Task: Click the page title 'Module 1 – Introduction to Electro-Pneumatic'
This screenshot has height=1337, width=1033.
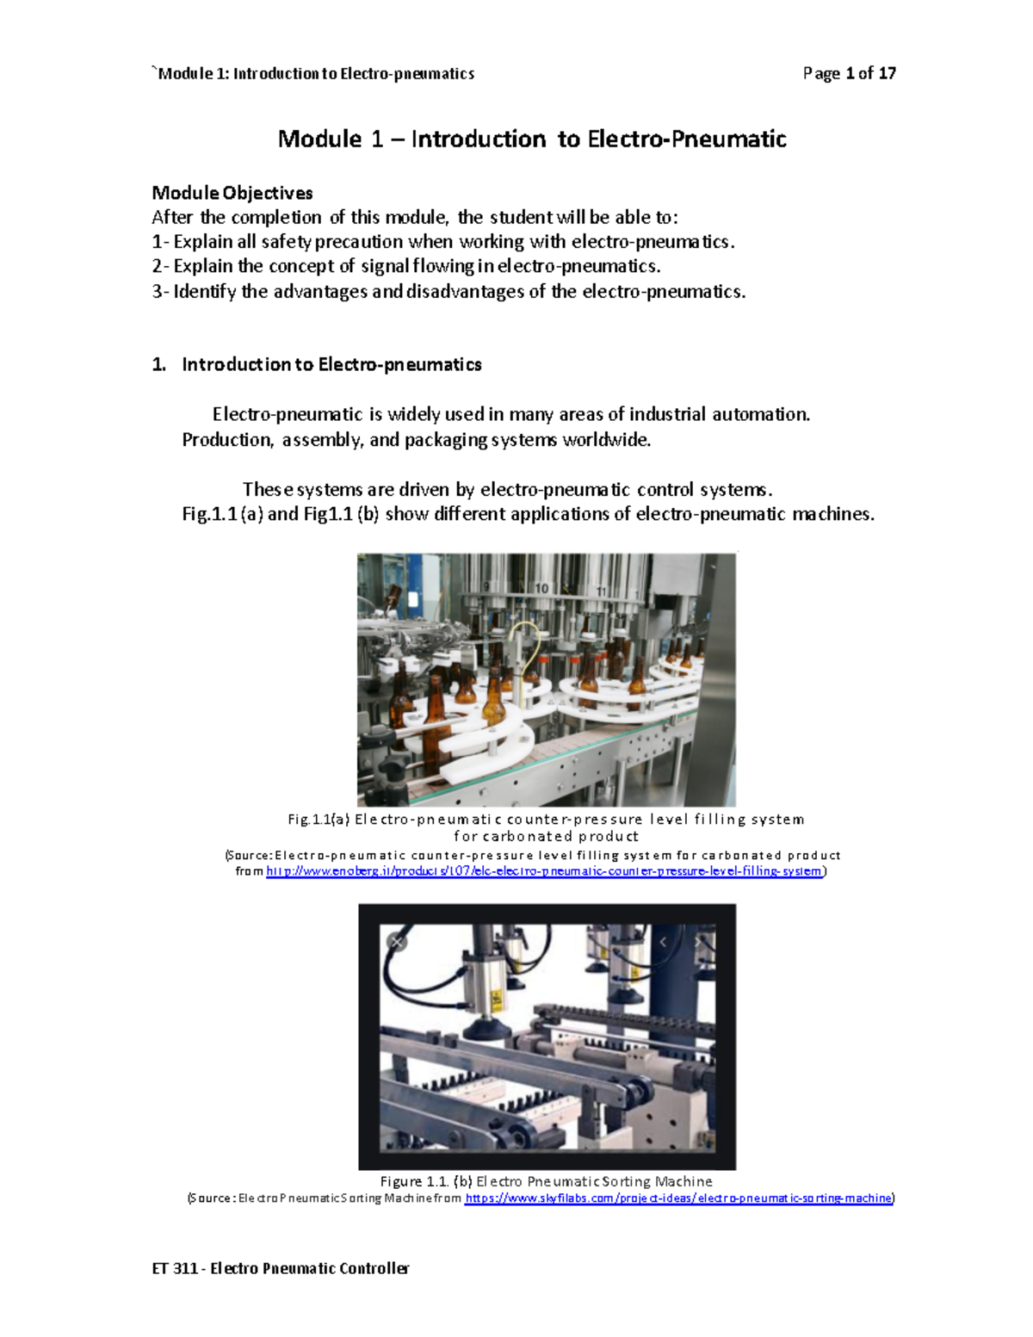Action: [532, 139]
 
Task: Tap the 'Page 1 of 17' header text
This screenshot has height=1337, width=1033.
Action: [849, 73]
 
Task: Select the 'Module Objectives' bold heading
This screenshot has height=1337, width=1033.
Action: [232, 193]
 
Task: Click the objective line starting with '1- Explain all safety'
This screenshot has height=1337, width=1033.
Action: [443, 242]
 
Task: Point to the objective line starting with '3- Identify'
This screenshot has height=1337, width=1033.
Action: [448, 292]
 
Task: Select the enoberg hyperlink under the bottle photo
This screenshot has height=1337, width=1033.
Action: [544, 871]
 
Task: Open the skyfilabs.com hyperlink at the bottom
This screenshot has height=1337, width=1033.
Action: [678, 1198]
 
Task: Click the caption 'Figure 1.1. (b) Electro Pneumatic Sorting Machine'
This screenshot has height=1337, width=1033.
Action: [546, 1181]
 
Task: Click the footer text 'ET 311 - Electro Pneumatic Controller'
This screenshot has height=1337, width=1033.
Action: [280, 1268]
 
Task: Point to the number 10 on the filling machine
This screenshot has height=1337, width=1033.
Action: [541, 588]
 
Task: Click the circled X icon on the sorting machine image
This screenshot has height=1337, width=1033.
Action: [397, 942]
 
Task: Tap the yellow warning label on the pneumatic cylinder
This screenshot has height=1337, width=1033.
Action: [496, 998]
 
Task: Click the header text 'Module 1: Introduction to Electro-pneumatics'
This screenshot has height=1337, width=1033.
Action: [316, 73]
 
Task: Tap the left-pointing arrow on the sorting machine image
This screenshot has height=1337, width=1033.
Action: [663, 943]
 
